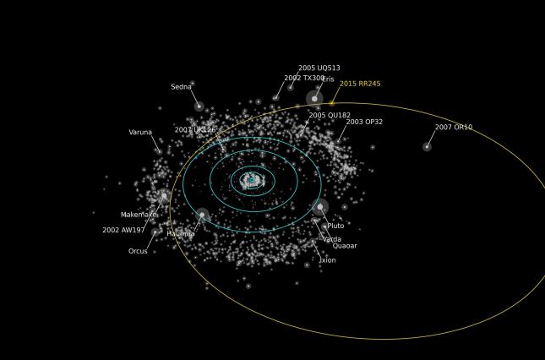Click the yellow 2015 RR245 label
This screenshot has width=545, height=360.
(360, 84)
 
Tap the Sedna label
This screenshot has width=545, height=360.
(181, 87)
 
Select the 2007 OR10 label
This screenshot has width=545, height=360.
(454, 128)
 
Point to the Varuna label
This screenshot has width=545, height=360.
(140, 133)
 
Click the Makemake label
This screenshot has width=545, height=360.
(139, 215)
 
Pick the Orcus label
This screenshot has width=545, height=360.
(138, 251)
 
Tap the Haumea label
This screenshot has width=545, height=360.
(181, 234)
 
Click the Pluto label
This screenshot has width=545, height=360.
(335, 226)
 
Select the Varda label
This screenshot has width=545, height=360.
(332, 239)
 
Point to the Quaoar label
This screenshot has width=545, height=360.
(345, 246)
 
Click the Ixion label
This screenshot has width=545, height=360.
(328, 260)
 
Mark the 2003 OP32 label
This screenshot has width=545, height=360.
(364, 122)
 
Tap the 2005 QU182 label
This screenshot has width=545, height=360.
(330, 116)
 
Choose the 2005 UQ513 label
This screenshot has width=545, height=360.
(319, 68)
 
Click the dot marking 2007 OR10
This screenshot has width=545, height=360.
(427, 147)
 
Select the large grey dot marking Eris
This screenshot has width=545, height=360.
(314, 99)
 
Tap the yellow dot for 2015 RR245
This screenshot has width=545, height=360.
(332, 103)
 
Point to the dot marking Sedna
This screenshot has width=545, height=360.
(199, 106)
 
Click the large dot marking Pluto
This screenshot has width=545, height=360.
(320, 206)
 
